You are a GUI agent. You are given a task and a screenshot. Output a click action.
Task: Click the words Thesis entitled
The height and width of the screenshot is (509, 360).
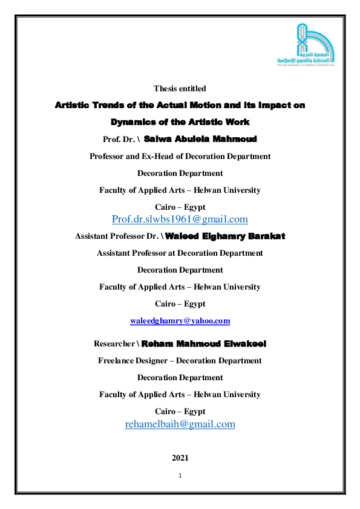180,89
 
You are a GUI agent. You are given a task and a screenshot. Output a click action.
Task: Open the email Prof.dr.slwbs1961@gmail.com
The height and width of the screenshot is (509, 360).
180,219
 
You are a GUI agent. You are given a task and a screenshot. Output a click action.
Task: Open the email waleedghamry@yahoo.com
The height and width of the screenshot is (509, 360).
180,321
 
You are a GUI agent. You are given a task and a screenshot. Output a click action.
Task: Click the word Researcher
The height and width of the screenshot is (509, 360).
114,344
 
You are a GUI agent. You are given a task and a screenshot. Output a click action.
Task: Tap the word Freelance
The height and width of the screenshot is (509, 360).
117,360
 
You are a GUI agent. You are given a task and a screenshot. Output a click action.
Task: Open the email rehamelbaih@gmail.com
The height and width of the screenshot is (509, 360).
180,424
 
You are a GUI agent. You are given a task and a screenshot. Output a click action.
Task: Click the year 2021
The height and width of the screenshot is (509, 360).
180,458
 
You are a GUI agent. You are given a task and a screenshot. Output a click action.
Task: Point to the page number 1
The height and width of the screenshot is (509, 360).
180,476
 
